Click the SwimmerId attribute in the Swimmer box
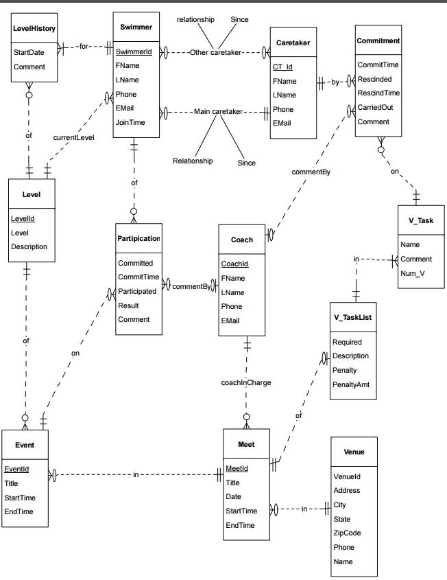[x=134, y=51]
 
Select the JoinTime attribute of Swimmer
[x=130, y=123]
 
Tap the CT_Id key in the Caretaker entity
[x=282, y=67]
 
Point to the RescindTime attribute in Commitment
[x=378, y=93]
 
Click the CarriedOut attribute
[x=375, y=108]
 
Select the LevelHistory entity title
[x=34, y=28]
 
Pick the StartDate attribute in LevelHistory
[x=29, y=52]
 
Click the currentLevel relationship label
[x=73, y=137]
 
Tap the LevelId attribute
[x=23, y=218]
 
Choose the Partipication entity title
[x=138, y=238]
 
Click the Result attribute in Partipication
[x=128, y=305]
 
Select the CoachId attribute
[x=234, y=264]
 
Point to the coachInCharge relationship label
[x=245, y=382]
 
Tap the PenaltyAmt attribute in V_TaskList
[x=351, y=384]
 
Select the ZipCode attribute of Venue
[x=347, y=533]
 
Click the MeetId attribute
[x=237, y=468]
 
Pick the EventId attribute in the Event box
[x=16, y=469]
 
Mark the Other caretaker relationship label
[x=215, y=52]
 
